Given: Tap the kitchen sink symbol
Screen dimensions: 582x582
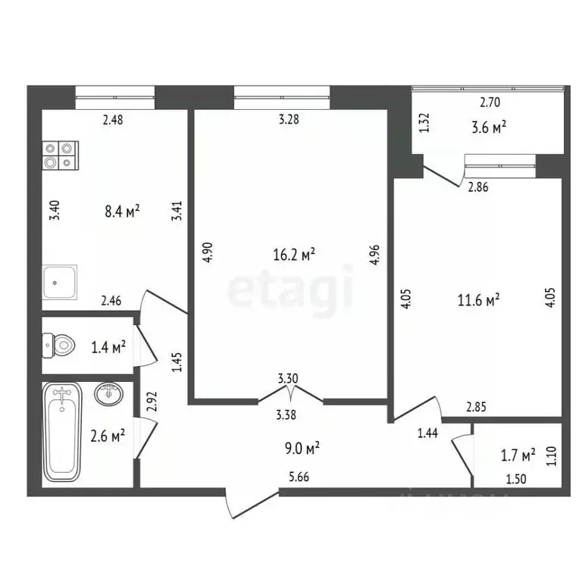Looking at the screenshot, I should [60, 282].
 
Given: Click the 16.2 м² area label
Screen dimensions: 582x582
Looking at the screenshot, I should [293, 255].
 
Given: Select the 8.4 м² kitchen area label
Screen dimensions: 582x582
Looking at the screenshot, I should [122, 212].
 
